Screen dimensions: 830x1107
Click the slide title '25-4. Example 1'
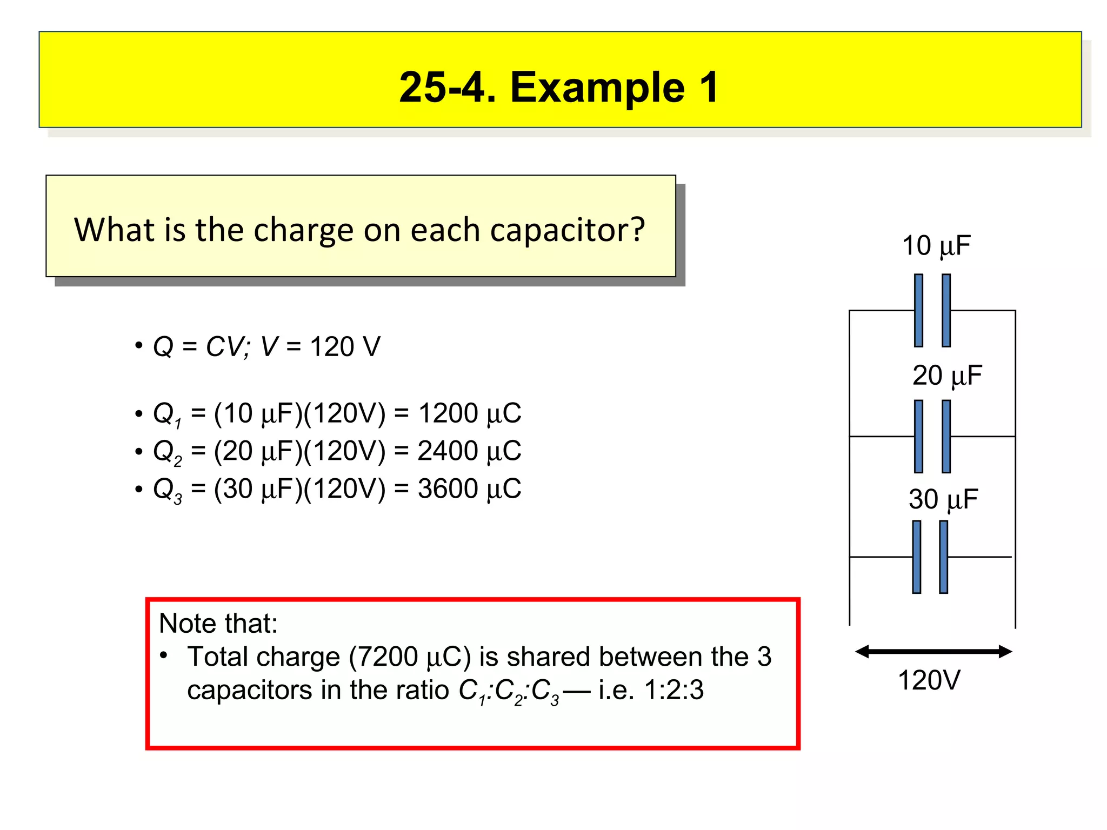pos(559,87)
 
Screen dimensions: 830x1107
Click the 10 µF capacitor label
pos(936,246)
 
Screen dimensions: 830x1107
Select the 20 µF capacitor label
pos(947,376)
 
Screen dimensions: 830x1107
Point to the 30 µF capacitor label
pos(943,499)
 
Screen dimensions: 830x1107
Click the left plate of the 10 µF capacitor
pos(918,310)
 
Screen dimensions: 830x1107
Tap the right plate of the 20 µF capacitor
pos(946,436)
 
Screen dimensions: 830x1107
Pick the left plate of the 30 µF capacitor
pos(917,557)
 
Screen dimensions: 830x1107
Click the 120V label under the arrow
pos(929,680)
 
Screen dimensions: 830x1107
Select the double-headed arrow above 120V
pos(933,651)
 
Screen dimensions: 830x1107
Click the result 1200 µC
pos(470,414)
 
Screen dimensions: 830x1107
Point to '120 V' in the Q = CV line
pos(345,347)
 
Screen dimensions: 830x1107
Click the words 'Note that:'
pos(218,624)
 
